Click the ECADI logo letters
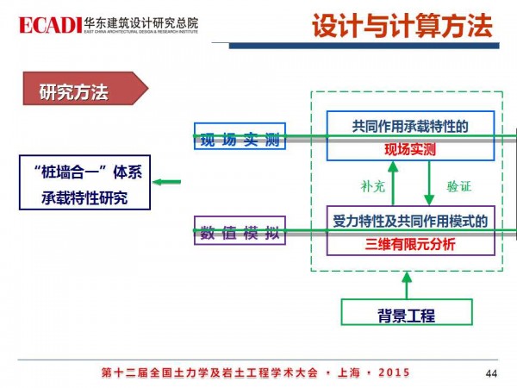point(44,22)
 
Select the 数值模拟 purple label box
point(229,231)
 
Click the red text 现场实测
point(410,149)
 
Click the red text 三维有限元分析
point(410,244)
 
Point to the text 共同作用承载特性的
point(410,126)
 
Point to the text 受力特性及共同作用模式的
point(410,222)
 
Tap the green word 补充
point(370,185)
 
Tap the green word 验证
point(458,185)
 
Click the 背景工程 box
point(405,315)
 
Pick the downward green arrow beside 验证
point(429,184)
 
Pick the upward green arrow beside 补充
point(393,184)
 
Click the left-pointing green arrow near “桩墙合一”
point(169,181)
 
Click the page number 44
point(492,372)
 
